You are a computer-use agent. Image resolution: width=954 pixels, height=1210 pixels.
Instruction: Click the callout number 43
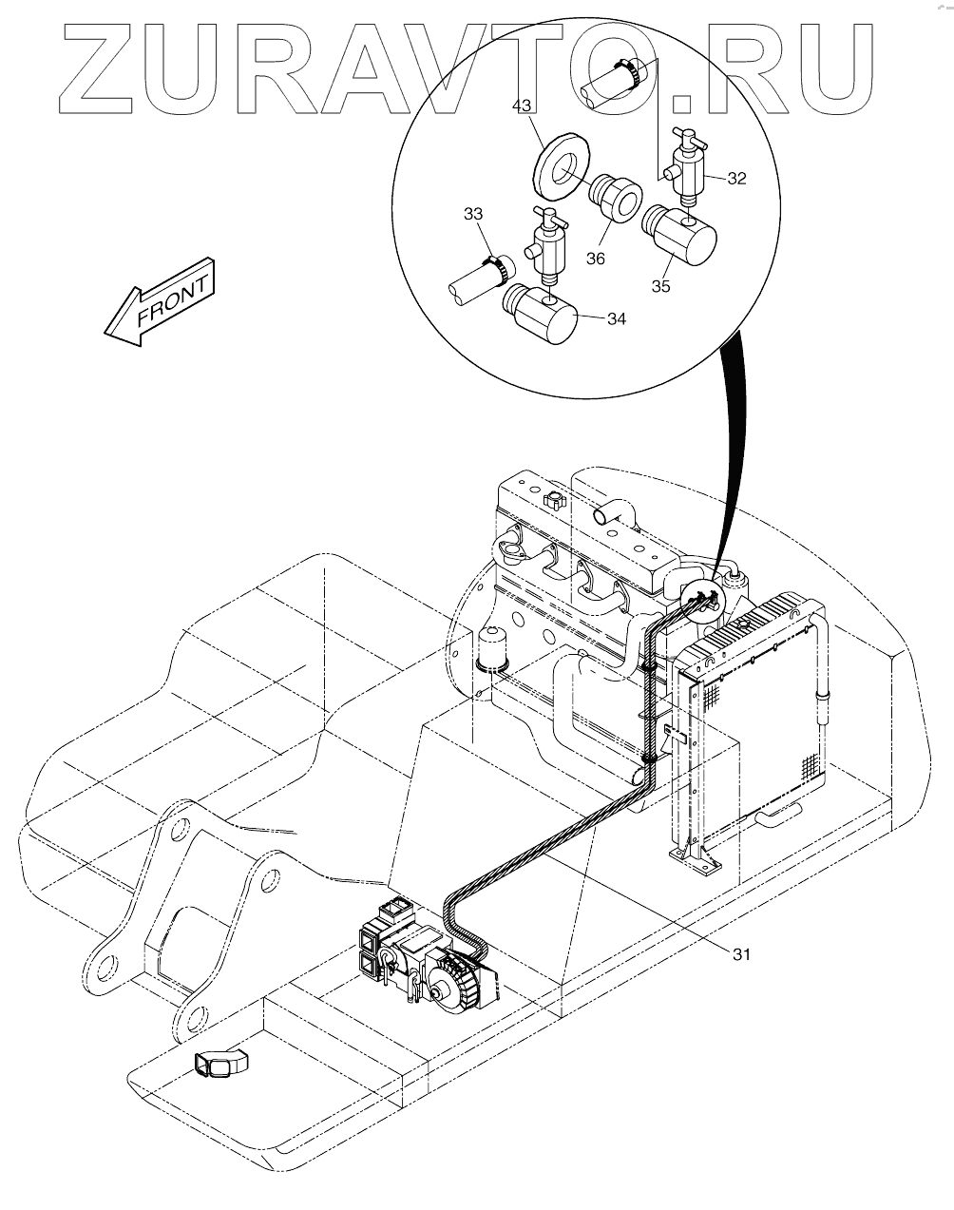click(522, 106)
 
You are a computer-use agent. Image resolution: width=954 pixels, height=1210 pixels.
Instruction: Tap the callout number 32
click(736, 179)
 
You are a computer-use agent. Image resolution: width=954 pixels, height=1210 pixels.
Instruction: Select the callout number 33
click(473, 214)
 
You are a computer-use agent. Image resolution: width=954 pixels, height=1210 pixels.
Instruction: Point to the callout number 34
click(616, 318)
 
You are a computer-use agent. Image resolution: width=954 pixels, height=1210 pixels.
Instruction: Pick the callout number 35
click(661, 286)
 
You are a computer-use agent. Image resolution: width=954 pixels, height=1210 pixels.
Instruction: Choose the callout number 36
click(596, 259)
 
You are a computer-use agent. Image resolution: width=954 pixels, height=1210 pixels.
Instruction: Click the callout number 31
click(741, 954)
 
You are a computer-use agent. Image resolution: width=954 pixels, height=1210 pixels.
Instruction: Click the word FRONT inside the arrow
click(173, 301)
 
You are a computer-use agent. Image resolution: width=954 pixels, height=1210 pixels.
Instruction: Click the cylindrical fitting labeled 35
click(679, 235)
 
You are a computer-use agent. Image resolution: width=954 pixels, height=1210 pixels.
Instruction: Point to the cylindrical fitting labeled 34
click(541, 313)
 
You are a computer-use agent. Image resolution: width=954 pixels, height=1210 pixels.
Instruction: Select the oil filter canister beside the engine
click(492, 649)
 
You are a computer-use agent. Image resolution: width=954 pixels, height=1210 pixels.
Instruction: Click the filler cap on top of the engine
click(554, 499)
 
